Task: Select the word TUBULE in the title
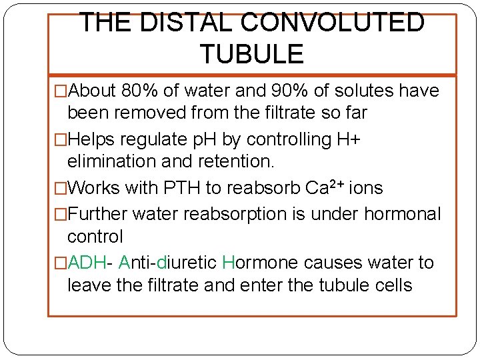[251, 53]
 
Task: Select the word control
[95, 237]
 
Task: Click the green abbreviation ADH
[83, 263]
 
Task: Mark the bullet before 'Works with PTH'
[61, 189]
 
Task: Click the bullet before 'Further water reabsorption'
[61, 215]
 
